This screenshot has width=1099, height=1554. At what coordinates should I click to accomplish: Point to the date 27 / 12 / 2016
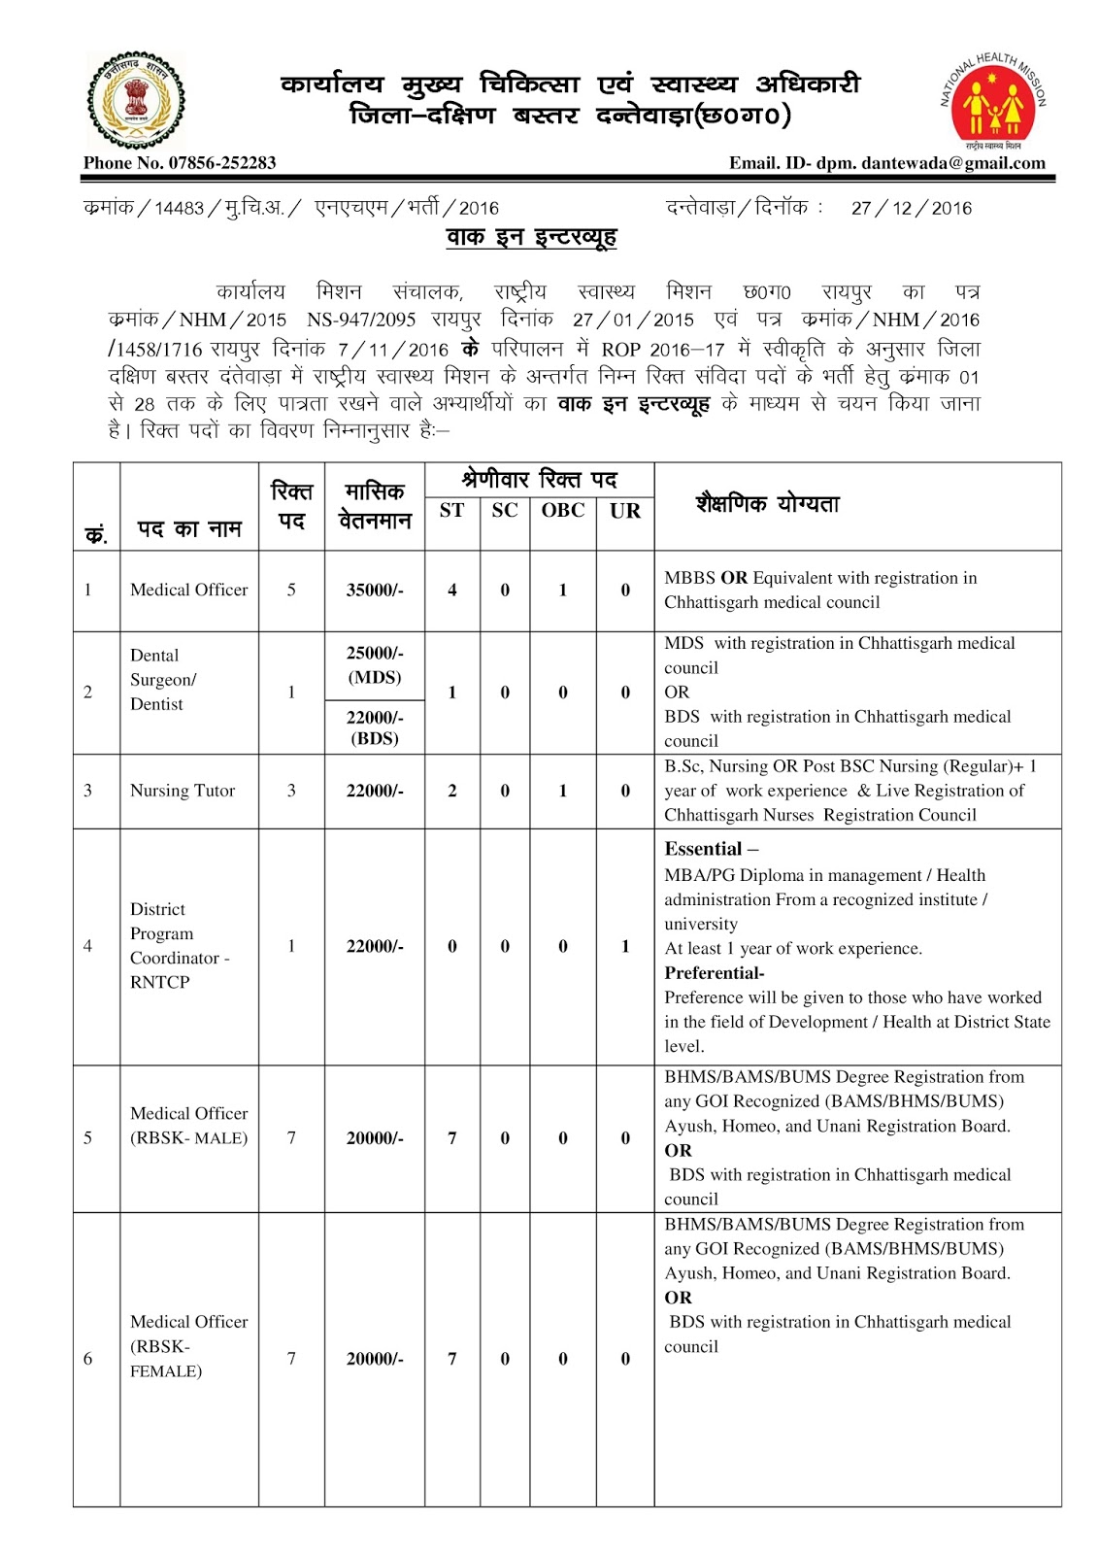[911, 208]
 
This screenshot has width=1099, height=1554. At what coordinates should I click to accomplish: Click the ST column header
[451, 511]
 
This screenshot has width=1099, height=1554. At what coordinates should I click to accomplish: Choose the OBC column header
[562, 511]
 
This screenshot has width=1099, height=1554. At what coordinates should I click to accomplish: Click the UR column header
[625, 511]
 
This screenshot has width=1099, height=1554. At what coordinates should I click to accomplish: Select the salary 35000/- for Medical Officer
[375, 591]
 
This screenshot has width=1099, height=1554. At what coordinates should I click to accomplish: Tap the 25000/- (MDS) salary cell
[375, 665]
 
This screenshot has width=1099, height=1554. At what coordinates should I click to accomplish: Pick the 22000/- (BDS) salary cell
[375, 727]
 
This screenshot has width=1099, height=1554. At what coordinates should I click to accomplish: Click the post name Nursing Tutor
[183, 791]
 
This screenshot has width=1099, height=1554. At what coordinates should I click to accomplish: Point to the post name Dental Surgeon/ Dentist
[163, 680]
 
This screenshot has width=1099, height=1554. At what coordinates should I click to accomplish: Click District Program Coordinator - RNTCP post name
[179, 945]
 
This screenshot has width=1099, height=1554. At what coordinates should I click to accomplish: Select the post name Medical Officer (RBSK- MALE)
[188, 1126]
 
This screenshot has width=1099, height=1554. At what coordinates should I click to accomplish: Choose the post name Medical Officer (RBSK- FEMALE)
[188, 1346]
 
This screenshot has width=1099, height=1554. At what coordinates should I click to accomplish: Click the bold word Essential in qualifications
[703, 849]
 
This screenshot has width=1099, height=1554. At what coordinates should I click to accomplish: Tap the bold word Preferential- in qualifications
[714, 973]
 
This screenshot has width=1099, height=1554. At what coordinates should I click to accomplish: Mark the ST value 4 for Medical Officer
[451, 591]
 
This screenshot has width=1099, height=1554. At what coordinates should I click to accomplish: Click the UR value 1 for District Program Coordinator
[625, 946]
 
